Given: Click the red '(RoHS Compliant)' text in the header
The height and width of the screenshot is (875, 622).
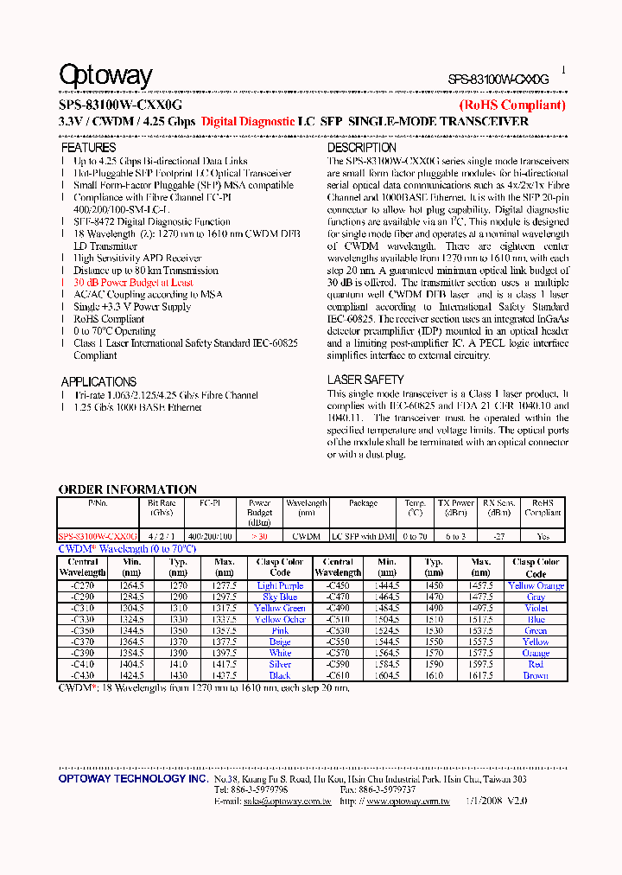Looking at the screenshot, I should (x=511, y=105).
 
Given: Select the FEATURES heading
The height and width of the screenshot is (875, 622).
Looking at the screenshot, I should (x=88, y=148).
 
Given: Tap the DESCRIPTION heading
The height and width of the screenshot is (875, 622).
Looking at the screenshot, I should (x=361, y=148).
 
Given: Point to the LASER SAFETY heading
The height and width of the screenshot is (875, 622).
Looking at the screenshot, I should (x=365, y=380).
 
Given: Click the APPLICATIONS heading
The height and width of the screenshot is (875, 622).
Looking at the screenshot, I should (x=98, y=381).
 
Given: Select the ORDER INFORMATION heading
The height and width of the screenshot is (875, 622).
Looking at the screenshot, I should (x=127, y=489).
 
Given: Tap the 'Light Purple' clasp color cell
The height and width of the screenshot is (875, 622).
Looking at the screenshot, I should (x=280, y=586).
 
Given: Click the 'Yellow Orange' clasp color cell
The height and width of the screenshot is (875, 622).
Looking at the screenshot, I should (x=536, y=586).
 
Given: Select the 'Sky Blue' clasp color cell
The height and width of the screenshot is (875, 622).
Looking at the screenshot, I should (x=280, y=597).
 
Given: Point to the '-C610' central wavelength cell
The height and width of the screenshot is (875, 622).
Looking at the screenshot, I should (x=338, y=675).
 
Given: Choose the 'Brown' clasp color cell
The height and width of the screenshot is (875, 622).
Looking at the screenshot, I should (x=536, y=675).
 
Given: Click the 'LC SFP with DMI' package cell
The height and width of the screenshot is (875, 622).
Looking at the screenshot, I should (x=363, y=536).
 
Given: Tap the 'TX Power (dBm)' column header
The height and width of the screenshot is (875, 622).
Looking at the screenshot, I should (x=455, y=507).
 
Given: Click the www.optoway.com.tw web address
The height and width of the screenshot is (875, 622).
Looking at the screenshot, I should (x=408, y=802).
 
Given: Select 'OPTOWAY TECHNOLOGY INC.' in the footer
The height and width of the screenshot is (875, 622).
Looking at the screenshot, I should (x=133, y=779).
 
